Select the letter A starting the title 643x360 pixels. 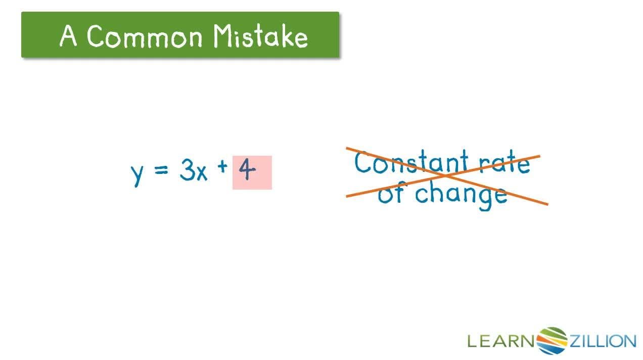click(69, 36)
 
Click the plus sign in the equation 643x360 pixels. click(222, 168)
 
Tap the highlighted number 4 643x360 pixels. click(247, 171)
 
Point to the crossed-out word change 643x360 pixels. click(461, 195)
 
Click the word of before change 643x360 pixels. click(392, 194)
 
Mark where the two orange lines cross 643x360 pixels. click(446, 176)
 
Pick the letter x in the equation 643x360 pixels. click(201, 173)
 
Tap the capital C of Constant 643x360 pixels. click(363, 163)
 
